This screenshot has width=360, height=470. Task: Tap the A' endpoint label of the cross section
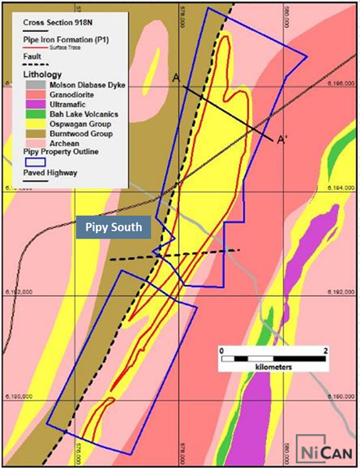pyautogui.click(x=282, y=139)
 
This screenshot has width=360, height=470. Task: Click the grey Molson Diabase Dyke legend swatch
pyautogui.click(x=32, y=85)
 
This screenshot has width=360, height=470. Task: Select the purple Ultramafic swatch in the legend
pyautogui.click(x=32, y=104)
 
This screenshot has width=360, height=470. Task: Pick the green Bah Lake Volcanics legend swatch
pyautogui.click(x=32, y=113)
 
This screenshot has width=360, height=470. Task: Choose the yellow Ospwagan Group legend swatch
pyautogui.click(x=32, y=123)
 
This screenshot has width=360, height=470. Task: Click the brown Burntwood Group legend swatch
pyautogui.click(x=32, y=132)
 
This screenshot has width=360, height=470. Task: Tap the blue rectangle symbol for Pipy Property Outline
pyautogui.click(x=32, y=161)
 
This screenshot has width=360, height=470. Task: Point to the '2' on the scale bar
pyautogui.click(x=325, y=350)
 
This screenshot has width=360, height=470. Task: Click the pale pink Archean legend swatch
pyautogui.click(x=32, y=142)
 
